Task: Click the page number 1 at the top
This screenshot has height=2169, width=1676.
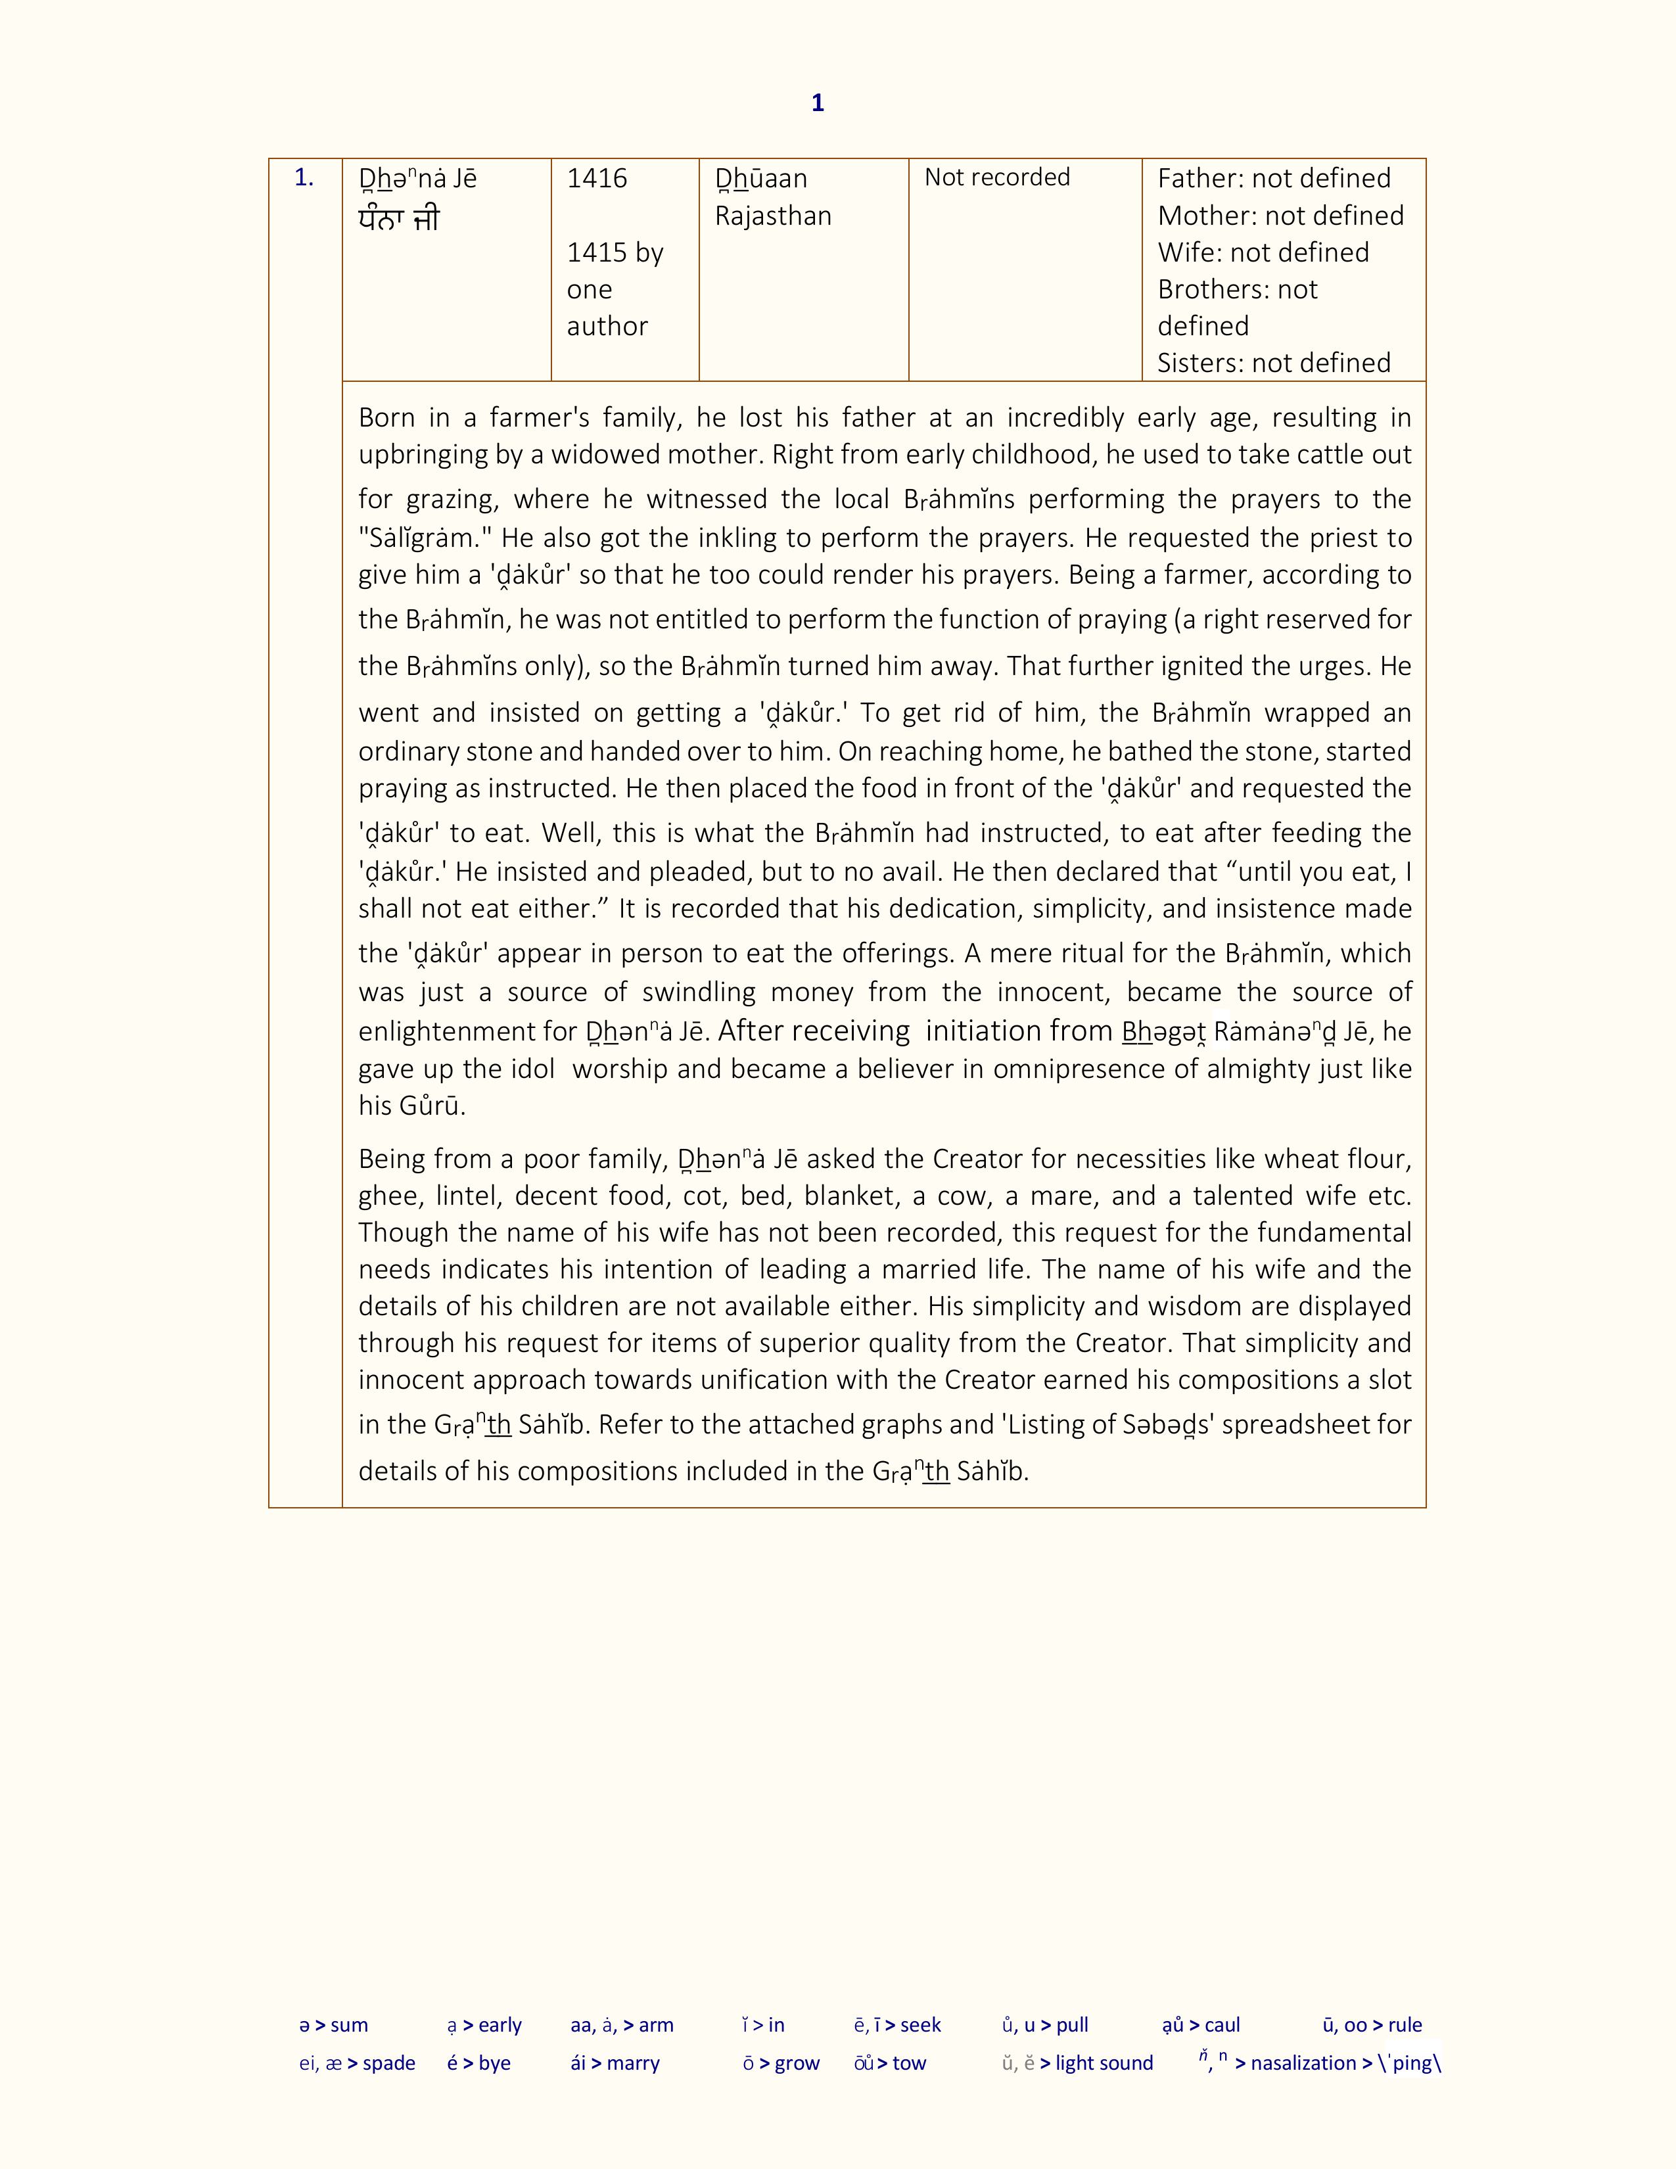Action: pyautogui.click(x=817, y=103)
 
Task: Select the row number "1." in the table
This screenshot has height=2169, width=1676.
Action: pyautogui.click(x=304, y=179)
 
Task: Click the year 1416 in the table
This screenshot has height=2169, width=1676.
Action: pyautogui.click(x=597, y=179)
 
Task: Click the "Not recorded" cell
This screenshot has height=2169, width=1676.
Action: pyautogui.click(x=997, y=177)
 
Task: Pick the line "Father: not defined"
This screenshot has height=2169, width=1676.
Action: pyautogui.click(x=1274, y=179)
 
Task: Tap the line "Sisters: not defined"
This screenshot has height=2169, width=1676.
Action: pyautogui.click(x=1274, y=363)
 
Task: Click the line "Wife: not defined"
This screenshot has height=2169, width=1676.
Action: pyautogui.click(x=1263, y=252)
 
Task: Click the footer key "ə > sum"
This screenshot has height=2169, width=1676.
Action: pyautogui.click(x=334, y=2025)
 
